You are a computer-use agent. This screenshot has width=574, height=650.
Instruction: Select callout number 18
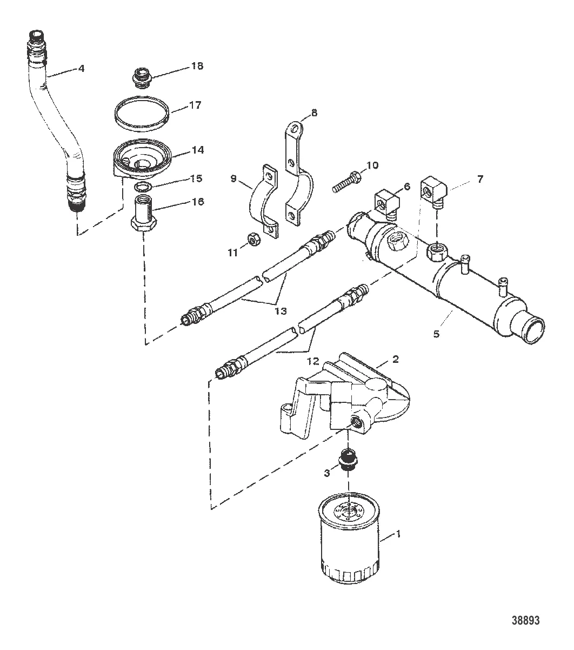[197, 66]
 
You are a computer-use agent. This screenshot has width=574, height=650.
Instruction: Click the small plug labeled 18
[142, 78]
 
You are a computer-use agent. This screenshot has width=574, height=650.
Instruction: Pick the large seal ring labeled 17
[142, 114]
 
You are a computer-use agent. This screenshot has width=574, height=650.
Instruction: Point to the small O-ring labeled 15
[141, 186]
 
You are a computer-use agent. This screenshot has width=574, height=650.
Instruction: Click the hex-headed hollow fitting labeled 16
[144, 212]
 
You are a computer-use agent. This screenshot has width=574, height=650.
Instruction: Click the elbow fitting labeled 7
[432, 191]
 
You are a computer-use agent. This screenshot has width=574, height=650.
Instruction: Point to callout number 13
[281, 311]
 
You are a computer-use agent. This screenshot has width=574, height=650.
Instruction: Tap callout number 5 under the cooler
[436, 334]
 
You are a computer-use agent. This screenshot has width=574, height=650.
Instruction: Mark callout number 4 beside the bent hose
[82, 68]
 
